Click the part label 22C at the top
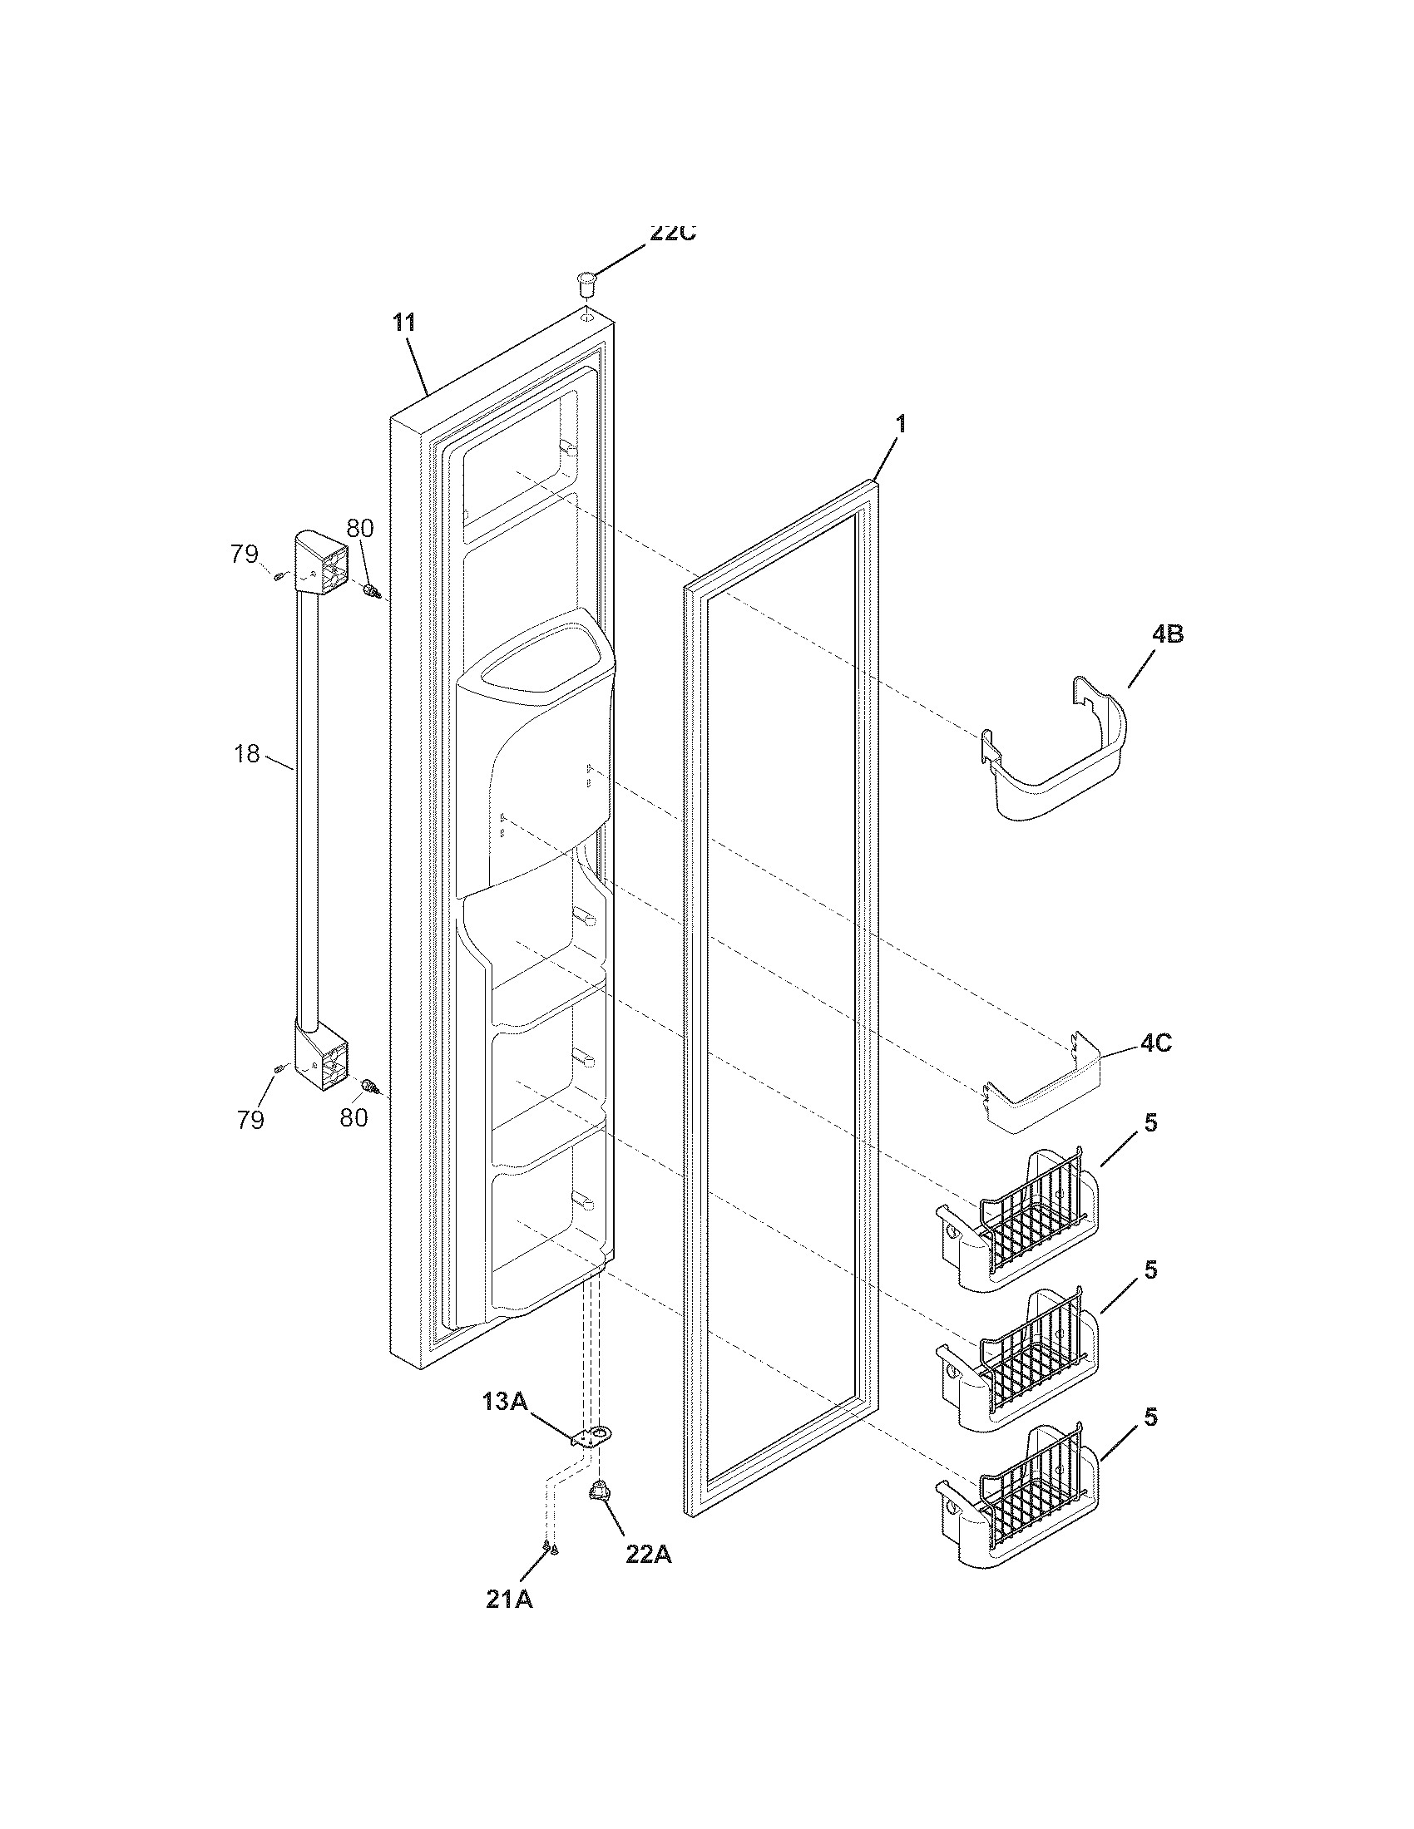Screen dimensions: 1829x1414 point(673,234)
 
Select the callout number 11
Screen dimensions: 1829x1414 point(403,323)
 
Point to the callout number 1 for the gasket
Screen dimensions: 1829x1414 point(901,425)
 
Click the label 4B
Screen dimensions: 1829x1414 point(1167,635)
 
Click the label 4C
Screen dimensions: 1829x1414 point(1155,1043)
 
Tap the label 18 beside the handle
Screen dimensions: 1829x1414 point(247,753)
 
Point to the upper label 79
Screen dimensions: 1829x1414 point(245,555)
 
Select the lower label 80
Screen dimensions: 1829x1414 point(353,1117)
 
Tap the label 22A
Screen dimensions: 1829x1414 point(649,1554)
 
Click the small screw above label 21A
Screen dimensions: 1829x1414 point(549,1550)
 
